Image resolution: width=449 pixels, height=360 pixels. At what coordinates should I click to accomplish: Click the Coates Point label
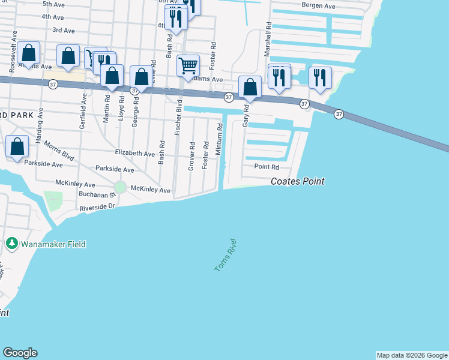(x=298, y=181)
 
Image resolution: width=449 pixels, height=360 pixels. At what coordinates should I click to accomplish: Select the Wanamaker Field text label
(x=53, y=244)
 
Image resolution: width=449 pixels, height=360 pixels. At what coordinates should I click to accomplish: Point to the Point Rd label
(x=267, y=167)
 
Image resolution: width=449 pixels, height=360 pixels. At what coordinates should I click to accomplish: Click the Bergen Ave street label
(x=319, y=5)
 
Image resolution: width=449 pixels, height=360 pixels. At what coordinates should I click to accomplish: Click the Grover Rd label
(x=192, y=155)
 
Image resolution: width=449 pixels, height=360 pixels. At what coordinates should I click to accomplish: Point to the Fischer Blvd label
(x=178, y=117)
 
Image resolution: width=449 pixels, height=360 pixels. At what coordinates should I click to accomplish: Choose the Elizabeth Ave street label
(x=134, y=154)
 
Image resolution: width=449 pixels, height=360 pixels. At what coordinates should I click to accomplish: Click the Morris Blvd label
(x=62, y=151)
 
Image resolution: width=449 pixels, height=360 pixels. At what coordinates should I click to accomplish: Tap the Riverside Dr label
(x=97, y=206)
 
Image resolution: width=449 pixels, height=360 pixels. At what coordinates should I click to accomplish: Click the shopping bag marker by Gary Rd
(x=250, y=86)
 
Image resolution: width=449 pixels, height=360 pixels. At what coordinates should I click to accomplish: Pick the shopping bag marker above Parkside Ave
(x=17, y=146)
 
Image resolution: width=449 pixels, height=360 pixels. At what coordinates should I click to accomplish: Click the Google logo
(x=20, y=352)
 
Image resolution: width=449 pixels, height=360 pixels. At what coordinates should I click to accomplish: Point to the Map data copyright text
(x=412, y=355)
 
